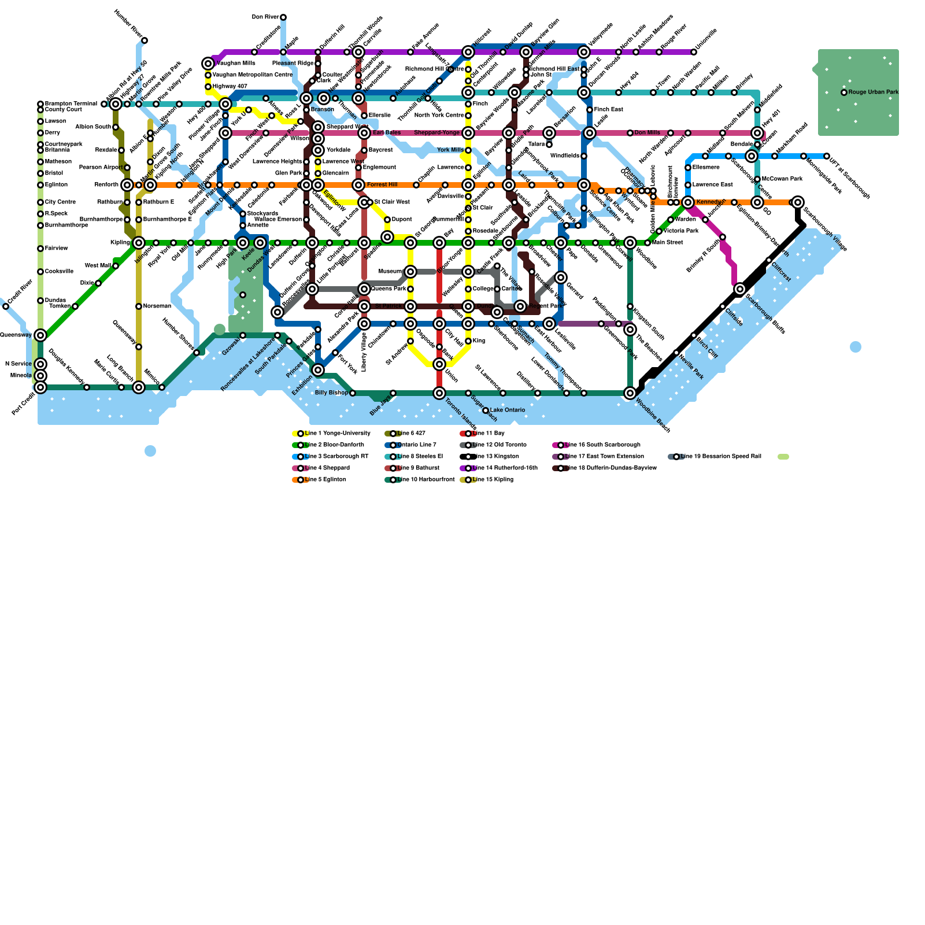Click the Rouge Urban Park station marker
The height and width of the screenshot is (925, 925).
(x=844, y=92)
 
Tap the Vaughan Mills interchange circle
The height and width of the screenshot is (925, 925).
(x=208, y=64)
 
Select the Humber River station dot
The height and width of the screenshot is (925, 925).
(x=145, y=40)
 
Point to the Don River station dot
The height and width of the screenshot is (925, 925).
(x=283, y=17)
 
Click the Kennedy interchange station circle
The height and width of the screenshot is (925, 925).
(x=688, y=202)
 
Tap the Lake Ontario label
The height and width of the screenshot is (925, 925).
(x=507, y=410)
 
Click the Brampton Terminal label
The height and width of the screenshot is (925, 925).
(x=71, y=104)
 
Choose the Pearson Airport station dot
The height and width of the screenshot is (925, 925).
(x=127, y=168)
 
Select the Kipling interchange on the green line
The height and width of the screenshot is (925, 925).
(x=139, y=243)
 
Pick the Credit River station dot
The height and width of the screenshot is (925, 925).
(x=6, y=306)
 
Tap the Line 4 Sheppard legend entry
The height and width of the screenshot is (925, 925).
(x=324, y=468)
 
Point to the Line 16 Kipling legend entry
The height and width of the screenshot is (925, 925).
(x=491, y=480)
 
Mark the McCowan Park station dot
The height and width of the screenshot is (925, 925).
(x=757, y=179)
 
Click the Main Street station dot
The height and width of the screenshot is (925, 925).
(x=647, y=243)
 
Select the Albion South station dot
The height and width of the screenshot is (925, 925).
(x=116, y=127)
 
